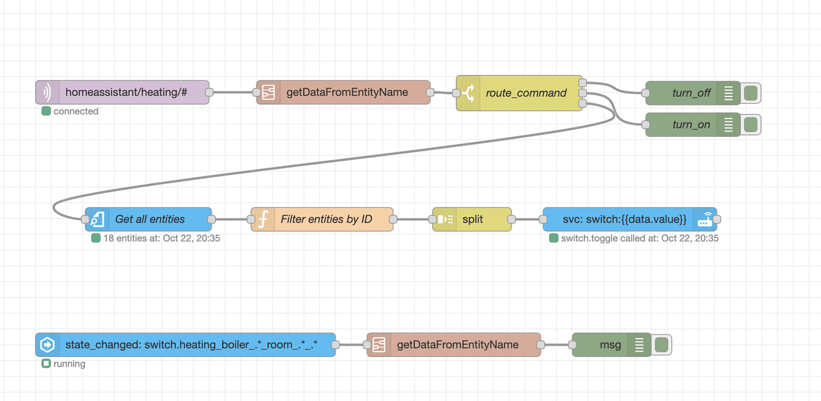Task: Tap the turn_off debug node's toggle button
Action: [x=751, y=93]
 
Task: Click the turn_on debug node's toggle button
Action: [x=751, y=125]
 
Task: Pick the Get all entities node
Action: [x=149, y=220]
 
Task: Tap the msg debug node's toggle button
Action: [x=662, y=345]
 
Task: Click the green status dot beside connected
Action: [x=46, y=111]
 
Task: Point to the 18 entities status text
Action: [x=161, y=239]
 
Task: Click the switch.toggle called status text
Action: [x=639, y=239]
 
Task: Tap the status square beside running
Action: [x=46, y=364]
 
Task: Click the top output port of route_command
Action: [x=582, y=83]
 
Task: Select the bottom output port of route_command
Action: [x=582, y=104]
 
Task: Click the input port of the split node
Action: [x=433, y=220]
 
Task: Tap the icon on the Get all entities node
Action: [x=98, y=220]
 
